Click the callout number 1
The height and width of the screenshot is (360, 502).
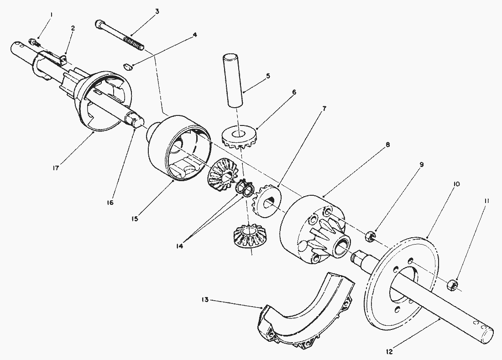[x=52, y=15]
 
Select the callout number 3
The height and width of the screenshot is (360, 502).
[x=157, y=11]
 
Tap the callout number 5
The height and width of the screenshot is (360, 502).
[x=268, y=76]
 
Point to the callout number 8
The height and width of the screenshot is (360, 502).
[x=387, y=145]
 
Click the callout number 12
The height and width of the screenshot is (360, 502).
[x=389, y=352]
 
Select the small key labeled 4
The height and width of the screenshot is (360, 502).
[x=129, y=67]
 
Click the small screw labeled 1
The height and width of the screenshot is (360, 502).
[x=34, y=42]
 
